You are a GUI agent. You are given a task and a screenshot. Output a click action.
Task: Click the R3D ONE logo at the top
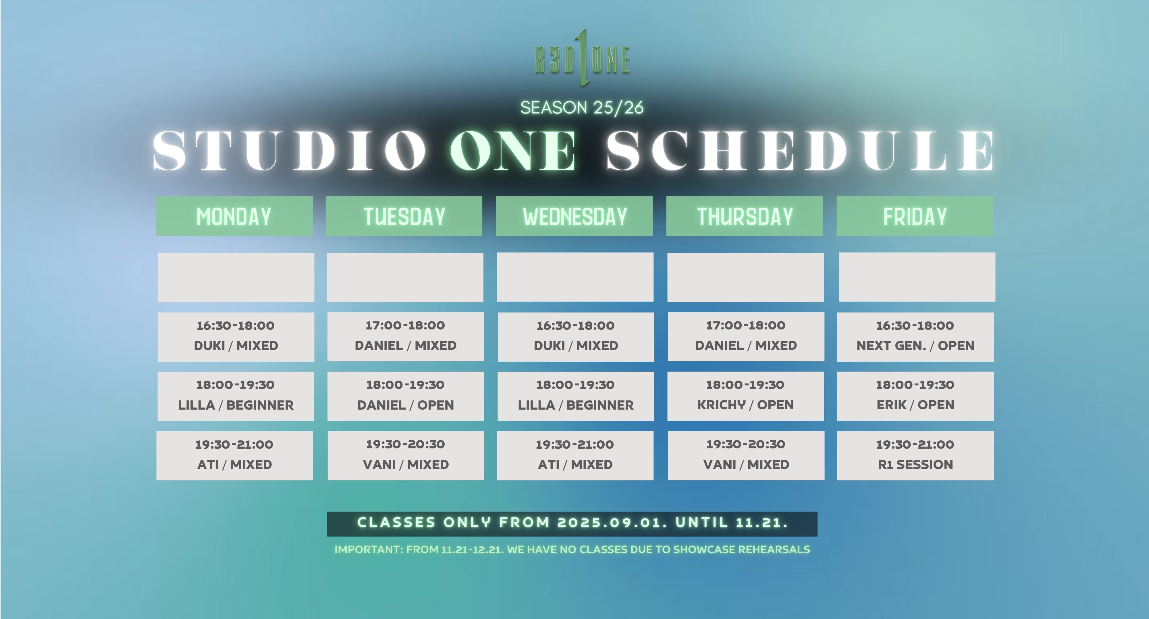coord(583,58)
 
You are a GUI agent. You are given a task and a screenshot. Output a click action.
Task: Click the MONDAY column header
coord(234,216)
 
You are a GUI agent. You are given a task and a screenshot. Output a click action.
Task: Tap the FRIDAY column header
coord(915,216)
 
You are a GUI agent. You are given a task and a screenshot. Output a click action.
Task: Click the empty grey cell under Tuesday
coord(405,277)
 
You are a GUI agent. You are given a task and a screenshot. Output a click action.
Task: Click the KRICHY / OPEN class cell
coord(746,396)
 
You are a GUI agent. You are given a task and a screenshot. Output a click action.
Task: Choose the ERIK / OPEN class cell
coord(915,396)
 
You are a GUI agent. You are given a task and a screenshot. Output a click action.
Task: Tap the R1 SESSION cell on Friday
coord(915,455)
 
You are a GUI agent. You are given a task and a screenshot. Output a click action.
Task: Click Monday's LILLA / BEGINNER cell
coord(236,396)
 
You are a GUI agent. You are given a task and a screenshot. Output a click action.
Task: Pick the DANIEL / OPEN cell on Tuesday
coord(405,396)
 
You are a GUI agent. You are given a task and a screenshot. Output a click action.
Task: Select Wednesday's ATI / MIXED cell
coord(575,455)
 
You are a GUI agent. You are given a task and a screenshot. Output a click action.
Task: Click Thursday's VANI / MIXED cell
coord(746,455)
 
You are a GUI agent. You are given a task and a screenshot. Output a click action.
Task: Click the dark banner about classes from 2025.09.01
coord(572,524)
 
